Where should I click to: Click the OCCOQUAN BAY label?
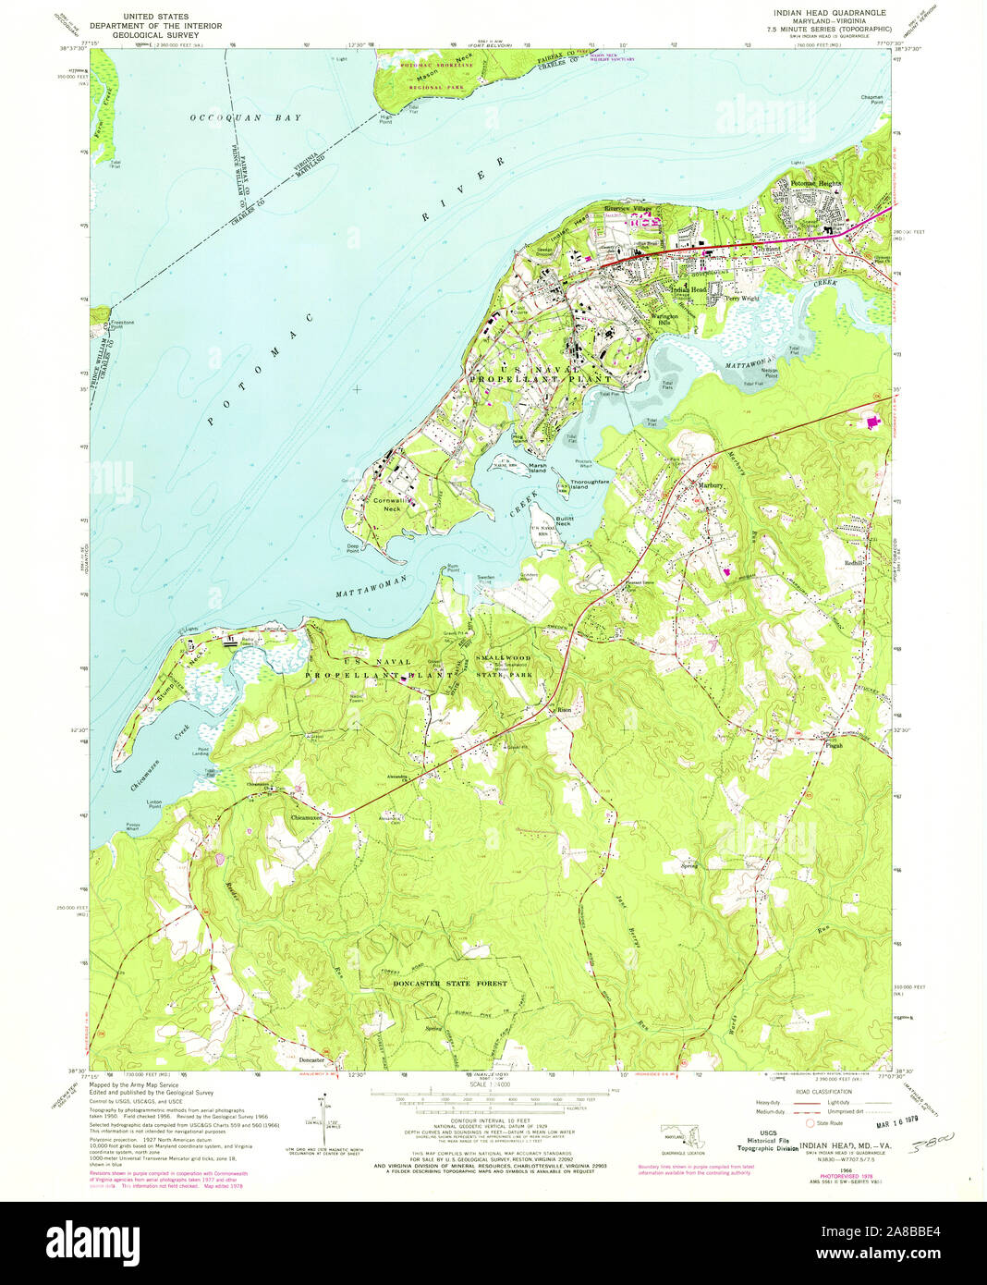click(x=245, y=118)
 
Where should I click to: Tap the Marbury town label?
click(x=710, y=484)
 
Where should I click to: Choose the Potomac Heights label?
click(x=815, y=184)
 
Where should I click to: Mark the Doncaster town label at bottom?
click(x=311, y=1059)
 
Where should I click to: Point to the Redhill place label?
click(x=851, y=562)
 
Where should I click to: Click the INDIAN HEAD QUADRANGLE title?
click(x=822, y=12)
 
